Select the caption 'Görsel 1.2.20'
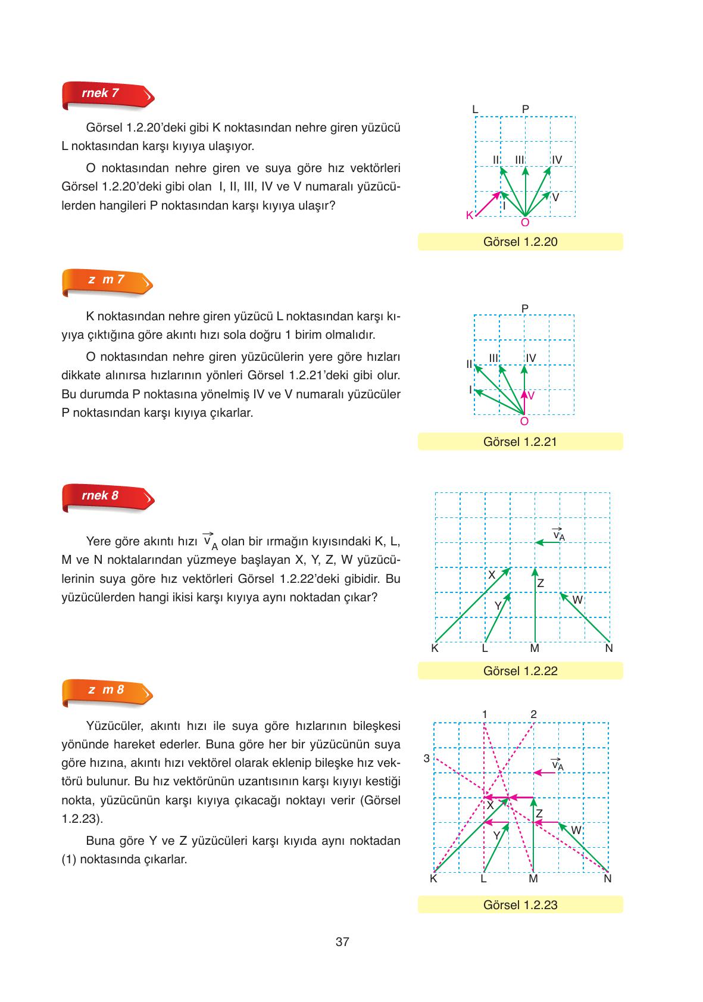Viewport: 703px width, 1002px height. coord(520,242)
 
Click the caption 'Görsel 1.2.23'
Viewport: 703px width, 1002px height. coord(520,905)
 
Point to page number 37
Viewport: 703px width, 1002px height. coord(342,942)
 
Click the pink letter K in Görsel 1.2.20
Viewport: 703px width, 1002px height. coord(469,216)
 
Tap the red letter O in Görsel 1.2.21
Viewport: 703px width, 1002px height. coord(524,422)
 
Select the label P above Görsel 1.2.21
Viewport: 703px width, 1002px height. coord(524,308)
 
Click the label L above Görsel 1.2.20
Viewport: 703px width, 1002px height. coord(475,109)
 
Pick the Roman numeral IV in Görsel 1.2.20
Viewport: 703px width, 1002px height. coord(557,160)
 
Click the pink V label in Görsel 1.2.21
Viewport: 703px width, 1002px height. coord(531,395)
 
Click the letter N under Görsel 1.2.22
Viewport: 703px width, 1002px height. coord(608,648)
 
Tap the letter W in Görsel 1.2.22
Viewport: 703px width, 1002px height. coord(577,600)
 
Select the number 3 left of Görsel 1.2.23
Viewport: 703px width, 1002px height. coord(426,758)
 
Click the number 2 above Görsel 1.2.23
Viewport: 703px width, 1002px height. coord(533,714)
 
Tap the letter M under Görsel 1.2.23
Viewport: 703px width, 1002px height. coord(533,879)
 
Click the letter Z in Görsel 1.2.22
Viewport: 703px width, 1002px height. coord(540,583)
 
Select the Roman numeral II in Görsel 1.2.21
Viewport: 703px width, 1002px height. coord(469,363)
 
